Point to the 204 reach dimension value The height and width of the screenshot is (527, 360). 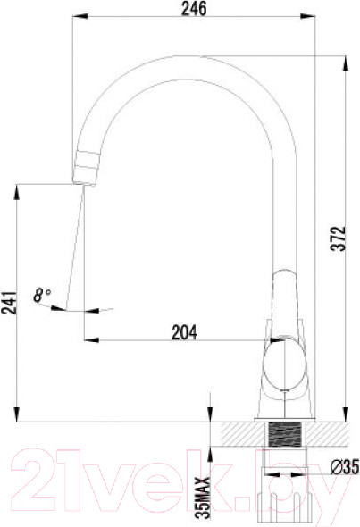click(x=183, y=331)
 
